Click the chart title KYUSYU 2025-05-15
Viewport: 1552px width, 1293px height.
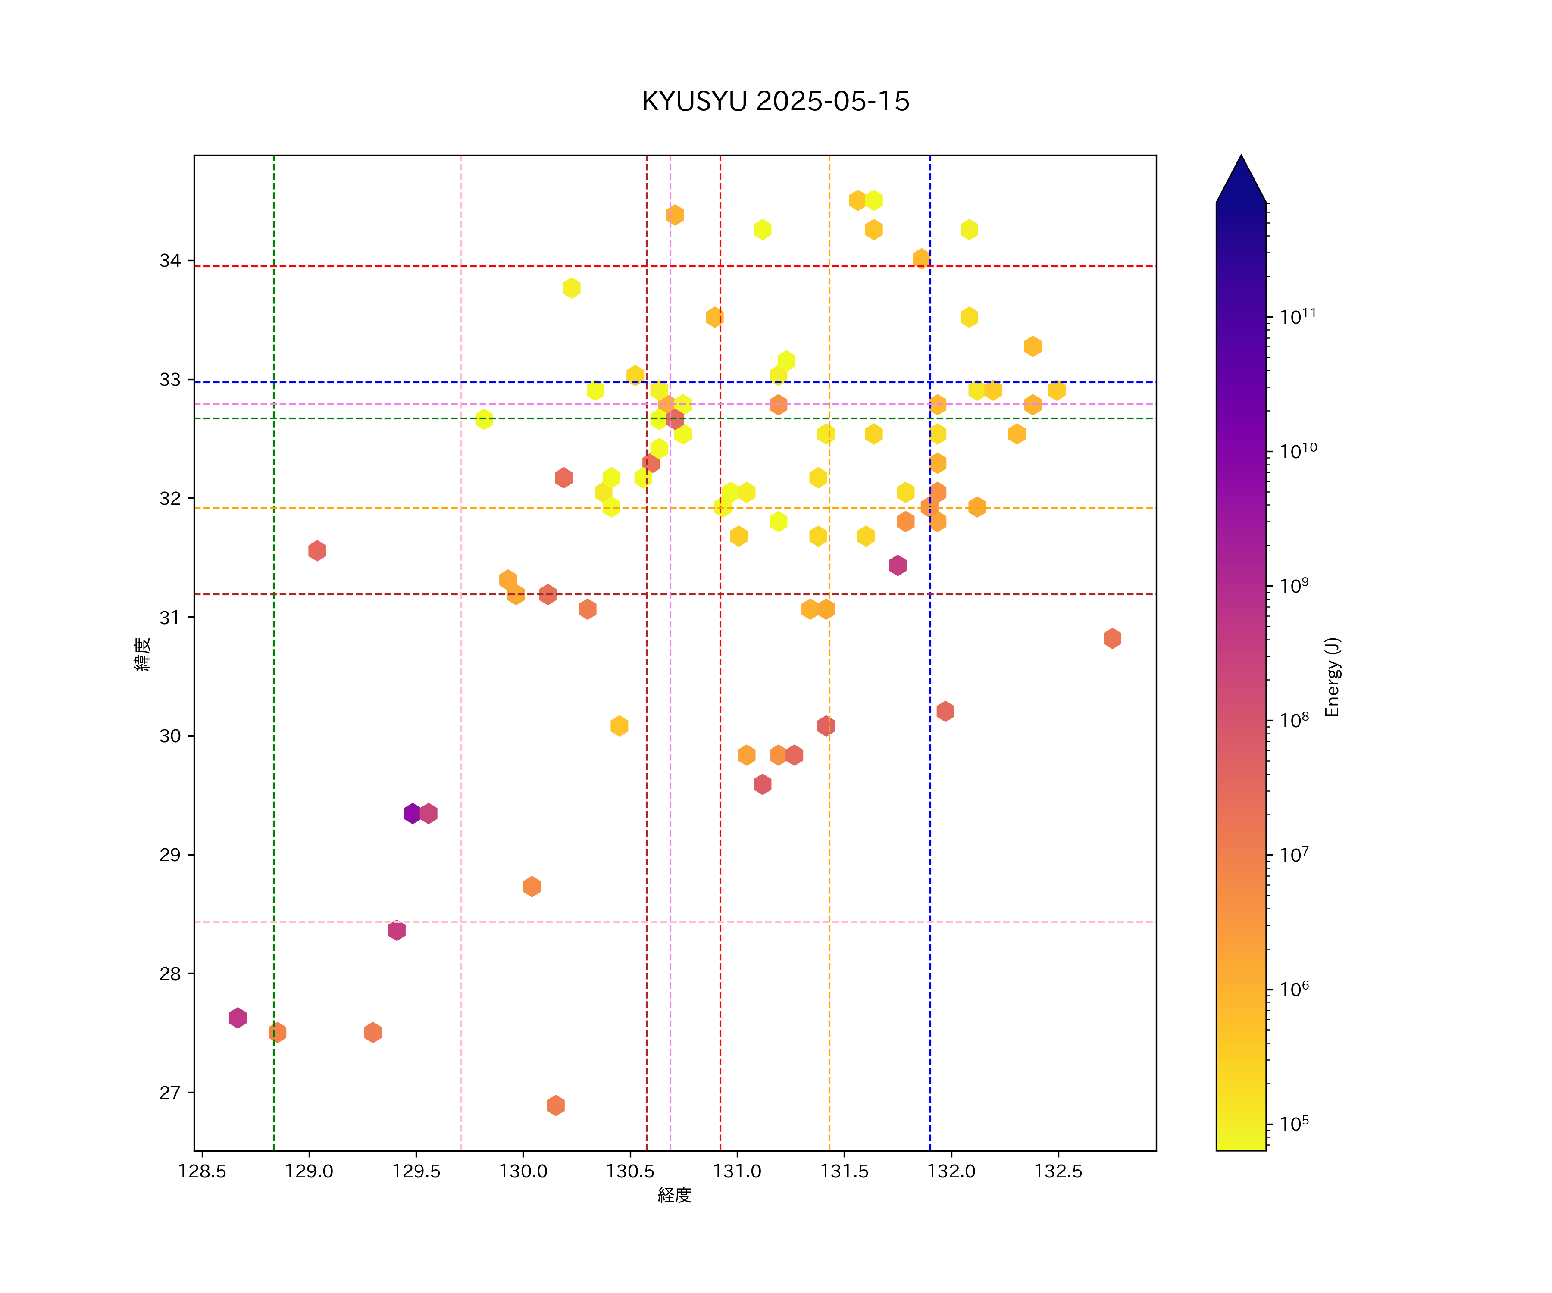[x=775, y=101]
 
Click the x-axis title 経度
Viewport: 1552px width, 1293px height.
[x=674, y=1196]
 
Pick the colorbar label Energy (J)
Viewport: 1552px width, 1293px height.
[x=1332, y=677]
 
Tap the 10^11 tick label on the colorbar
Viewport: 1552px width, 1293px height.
[x=1298, y=317]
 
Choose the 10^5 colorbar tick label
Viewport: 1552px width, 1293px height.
[x=1294, y=1124]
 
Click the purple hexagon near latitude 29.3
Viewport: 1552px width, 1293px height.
[x=413, y=813]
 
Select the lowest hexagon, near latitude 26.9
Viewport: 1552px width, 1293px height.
[x=556, y=1106]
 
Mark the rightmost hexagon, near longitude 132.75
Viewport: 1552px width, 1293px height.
[x=1112, y=638]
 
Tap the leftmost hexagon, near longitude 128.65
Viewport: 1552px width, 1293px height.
[x=237, y=1018]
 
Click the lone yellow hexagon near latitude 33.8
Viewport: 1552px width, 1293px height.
[x=571, y=288]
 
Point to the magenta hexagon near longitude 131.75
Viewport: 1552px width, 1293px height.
[x=897, y=565]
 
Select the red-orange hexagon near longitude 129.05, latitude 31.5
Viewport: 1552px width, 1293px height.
[x=317, y=550]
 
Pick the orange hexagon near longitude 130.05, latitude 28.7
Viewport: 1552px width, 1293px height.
[x=532, y=886]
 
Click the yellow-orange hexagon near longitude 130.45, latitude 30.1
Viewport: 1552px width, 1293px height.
[x=620, y=725]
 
